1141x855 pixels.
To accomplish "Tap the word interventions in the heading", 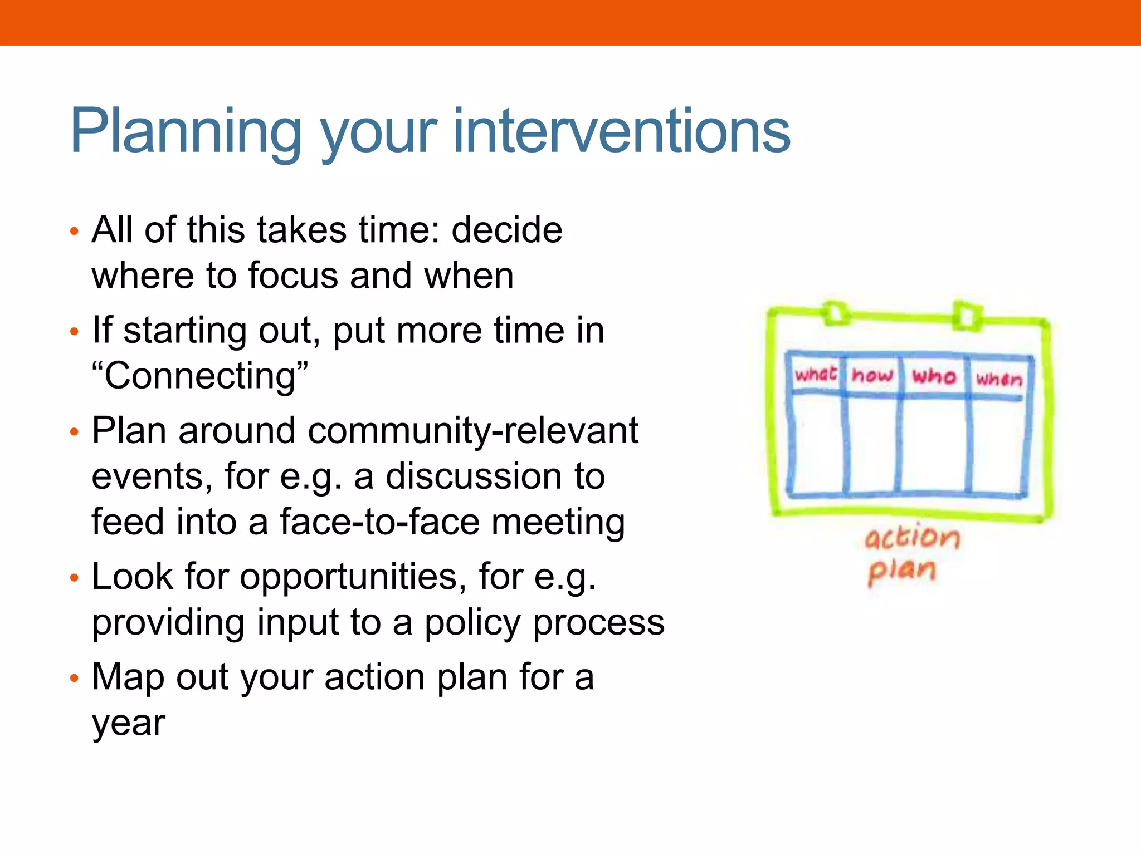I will (622, 131).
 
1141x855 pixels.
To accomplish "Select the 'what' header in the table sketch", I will (816, 374).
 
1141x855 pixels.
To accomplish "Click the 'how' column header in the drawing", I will (872, 376).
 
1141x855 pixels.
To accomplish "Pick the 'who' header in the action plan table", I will (934, 377).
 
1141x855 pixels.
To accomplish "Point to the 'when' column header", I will (999, 379).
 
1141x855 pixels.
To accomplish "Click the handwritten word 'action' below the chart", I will (912, 538).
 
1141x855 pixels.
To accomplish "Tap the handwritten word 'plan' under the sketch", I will (901, 571).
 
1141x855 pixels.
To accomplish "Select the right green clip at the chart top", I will (967, 316).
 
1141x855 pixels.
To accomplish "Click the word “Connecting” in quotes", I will (200, 376).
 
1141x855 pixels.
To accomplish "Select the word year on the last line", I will (129, 723).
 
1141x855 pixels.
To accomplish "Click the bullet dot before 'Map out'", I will (75, 678).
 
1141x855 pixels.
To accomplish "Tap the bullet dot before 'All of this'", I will (75, 230).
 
